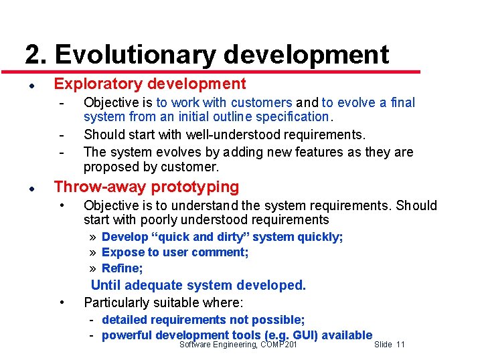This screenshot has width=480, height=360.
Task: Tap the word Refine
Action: pyautogui.click(x=121, y=268)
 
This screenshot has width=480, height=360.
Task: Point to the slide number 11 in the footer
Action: pyautogui.click(x=400, y=345)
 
